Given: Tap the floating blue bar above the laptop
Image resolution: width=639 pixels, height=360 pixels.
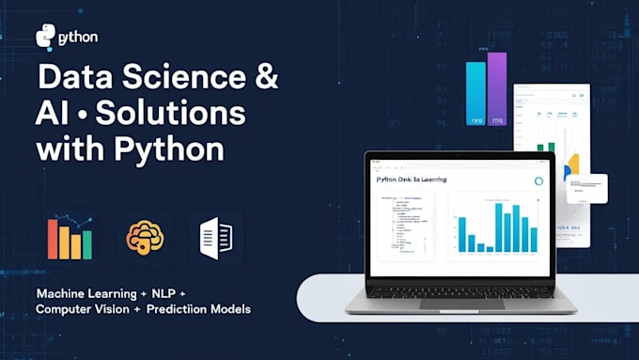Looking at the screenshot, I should [x=476, y=95].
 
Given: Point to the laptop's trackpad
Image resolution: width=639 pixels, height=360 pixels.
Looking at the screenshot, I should [x=460, y=303].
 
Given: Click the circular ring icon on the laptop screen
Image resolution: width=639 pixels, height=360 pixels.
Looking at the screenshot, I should [x=539, y=180].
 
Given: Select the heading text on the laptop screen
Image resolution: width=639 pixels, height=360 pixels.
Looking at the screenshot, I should [x=411, y=180].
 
